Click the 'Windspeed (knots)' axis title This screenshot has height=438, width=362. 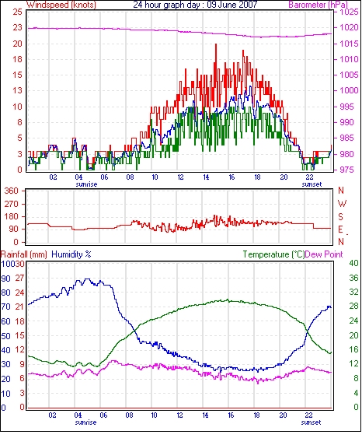coord(61,5)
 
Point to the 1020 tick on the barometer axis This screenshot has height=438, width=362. coord(349,27)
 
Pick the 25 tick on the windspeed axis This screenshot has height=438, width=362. coord(18,12)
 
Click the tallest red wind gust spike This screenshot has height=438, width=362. coord(216,44)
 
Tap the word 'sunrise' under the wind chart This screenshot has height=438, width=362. coord(86,184)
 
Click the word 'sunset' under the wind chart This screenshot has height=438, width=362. coord(312,184)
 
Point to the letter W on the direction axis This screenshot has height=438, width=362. coord(342,204)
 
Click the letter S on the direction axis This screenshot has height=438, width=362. coord(340,216)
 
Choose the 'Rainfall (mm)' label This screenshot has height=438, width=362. coord(24,254)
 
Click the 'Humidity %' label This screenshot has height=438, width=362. coord(71,254)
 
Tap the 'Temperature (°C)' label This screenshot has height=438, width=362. coord(273,254)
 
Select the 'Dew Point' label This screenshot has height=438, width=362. coord(324,254)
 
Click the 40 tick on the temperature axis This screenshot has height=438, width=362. coord(353,263)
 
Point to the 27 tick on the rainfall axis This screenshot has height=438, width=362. coord(20,279)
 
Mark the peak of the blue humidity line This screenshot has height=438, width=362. coord(87,279)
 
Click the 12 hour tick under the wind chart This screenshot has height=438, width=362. coord(180,177)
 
